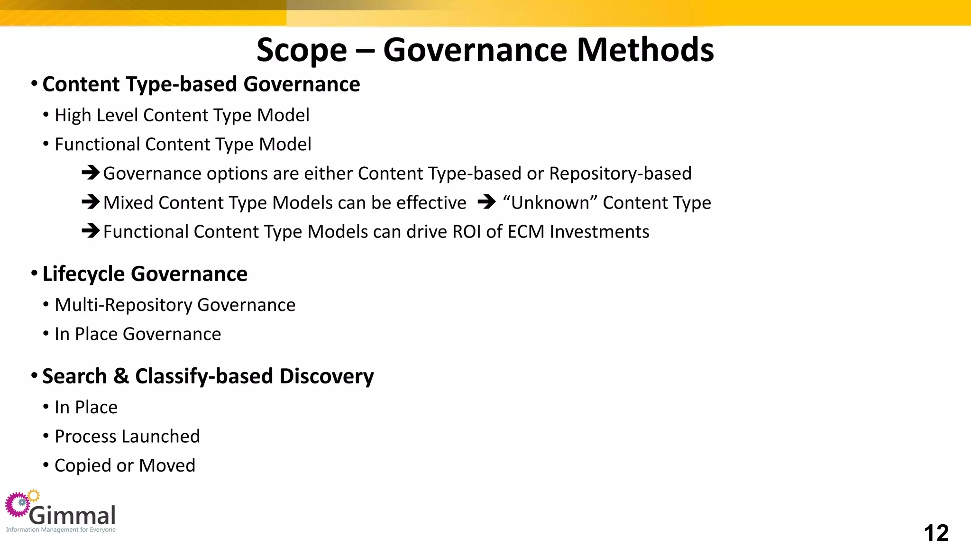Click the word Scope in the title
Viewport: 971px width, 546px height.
302,50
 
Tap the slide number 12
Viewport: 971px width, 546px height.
936,533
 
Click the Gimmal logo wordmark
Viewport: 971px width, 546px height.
73,515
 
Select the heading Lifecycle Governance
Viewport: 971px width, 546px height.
145,274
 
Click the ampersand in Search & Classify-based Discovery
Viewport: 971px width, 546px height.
121,376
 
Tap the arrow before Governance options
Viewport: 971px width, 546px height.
90,173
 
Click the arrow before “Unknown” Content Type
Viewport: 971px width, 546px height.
486,202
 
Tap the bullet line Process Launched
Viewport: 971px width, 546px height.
127,436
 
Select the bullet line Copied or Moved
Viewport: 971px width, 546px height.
125,465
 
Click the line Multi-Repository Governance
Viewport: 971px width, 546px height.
175,305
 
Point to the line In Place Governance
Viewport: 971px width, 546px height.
137,334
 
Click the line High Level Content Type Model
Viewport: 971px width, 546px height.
182,115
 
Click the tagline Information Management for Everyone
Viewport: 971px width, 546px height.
61,530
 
